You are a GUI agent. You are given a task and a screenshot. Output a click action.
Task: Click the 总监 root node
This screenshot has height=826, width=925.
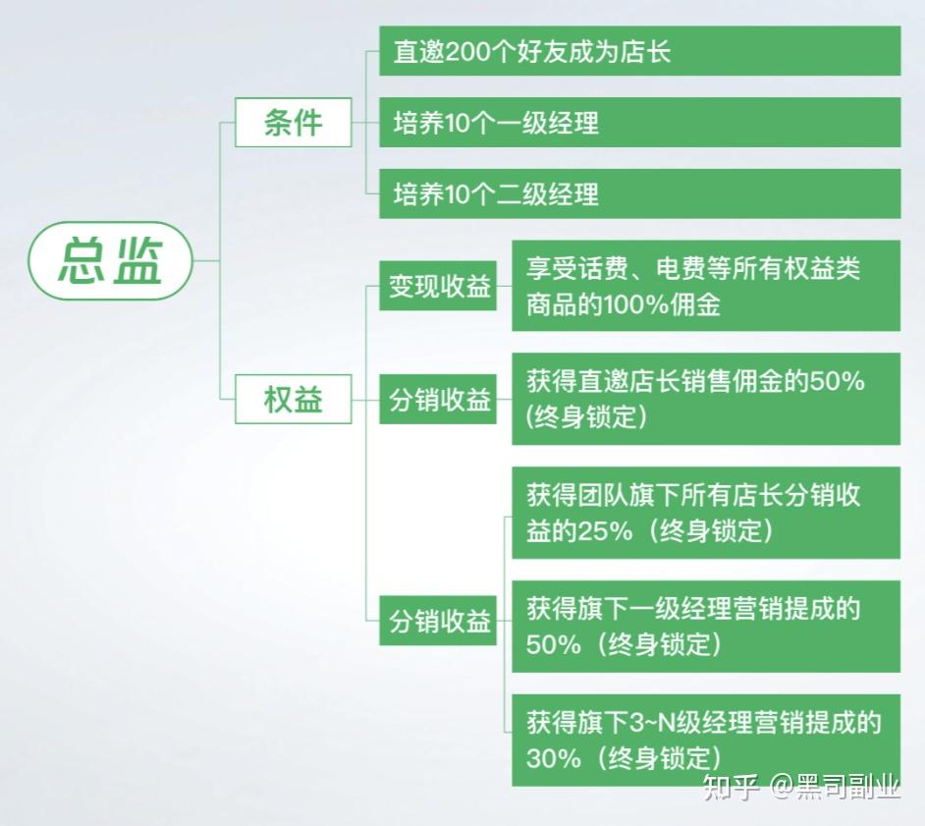click(110, 260)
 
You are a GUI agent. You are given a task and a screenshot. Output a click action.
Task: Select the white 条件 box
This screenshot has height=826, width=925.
click(294, 122)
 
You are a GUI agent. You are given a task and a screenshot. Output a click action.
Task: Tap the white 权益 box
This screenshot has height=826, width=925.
click(294, 399)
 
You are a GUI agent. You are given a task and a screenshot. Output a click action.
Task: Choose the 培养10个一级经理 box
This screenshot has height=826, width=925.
click(639, 122)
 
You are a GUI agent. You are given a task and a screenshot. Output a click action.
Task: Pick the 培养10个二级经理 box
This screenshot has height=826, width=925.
click(639, 193)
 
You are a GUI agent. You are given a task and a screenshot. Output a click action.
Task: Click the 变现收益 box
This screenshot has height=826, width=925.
click(438, 286)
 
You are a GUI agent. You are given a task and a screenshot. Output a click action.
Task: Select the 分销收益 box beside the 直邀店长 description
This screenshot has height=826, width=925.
click(438, 400)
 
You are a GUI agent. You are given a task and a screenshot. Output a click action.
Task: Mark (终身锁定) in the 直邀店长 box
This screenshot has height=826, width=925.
click(586, 417)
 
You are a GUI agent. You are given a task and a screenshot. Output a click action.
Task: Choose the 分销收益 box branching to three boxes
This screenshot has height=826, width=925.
click(438, 621)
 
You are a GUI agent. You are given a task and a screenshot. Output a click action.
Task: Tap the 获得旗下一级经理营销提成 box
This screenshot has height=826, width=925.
click(706, 627)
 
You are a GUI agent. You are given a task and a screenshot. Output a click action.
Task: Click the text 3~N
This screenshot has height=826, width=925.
click(652, 723)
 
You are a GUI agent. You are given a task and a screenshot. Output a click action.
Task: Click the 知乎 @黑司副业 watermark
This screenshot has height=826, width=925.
click(801, 787)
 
